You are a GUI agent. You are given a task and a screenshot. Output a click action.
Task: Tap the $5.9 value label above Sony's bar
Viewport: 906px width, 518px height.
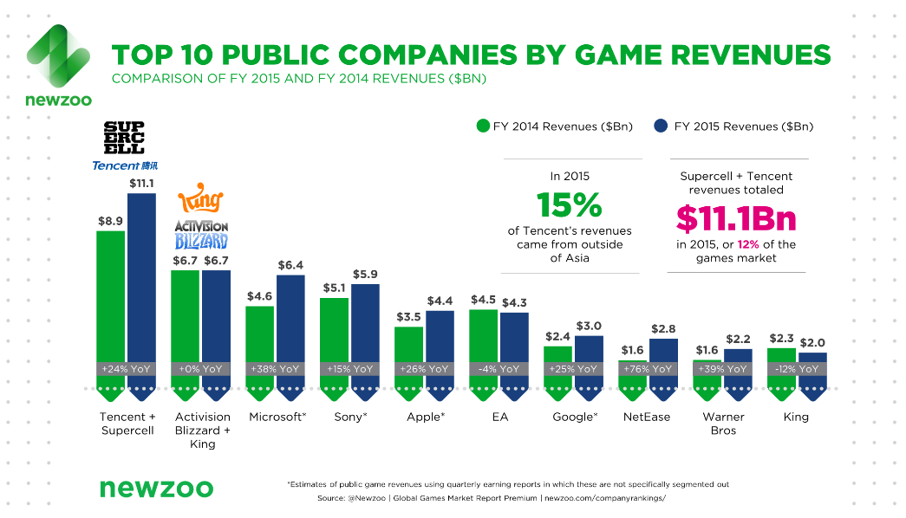coord(365,275)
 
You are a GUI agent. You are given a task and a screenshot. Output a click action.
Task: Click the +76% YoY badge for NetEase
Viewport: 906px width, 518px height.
coord(648,369)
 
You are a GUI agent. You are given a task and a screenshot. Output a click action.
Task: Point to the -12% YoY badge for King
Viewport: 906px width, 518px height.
coord(797,369)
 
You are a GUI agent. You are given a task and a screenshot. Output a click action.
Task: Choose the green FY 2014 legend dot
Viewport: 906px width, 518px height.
coord(483,126)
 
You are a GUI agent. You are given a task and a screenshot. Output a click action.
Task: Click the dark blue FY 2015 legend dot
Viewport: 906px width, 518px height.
coord(661,126)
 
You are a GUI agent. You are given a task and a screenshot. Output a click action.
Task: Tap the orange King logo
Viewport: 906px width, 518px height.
coord(200,198)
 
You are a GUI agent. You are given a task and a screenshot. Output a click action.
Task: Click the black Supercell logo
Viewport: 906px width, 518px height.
coord(124,138)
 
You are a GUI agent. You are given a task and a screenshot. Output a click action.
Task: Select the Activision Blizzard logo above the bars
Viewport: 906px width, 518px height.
coord(201,234)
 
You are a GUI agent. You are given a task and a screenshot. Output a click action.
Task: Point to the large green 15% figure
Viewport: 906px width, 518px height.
coord(569,204)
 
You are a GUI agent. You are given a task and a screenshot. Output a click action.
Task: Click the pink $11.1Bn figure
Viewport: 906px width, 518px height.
coord(736,218)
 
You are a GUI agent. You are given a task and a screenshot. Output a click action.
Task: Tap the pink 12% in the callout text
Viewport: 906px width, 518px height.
coord(748,244)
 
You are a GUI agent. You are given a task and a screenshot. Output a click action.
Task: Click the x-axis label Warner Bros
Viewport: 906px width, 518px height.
coord(723,424)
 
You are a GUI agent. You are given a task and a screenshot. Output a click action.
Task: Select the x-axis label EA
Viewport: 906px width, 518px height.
coord(499,417)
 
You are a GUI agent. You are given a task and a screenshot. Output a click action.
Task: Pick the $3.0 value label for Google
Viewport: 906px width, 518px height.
coord(589,327)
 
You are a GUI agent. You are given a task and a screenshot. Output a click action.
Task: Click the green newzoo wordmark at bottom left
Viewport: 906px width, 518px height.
coord(157,489)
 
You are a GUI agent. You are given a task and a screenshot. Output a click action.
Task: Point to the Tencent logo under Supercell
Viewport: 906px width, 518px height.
coord(125,165)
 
